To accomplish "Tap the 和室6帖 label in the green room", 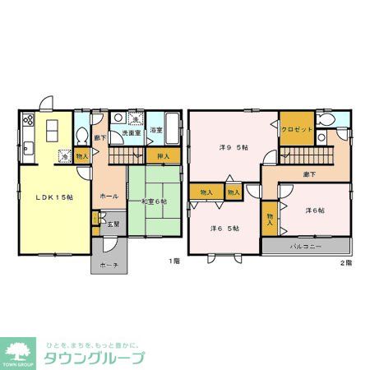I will coord(155,201).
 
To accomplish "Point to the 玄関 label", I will coord(113,223).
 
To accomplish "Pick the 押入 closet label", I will coord(163,156).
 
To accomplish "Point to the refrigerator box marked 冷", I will coord(63,155).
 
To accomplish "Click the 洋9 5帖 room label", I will coord(234,149).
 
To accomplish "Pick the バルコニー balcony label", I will coord(306,247).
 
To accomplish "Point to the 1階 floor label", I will coord(173,261).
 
